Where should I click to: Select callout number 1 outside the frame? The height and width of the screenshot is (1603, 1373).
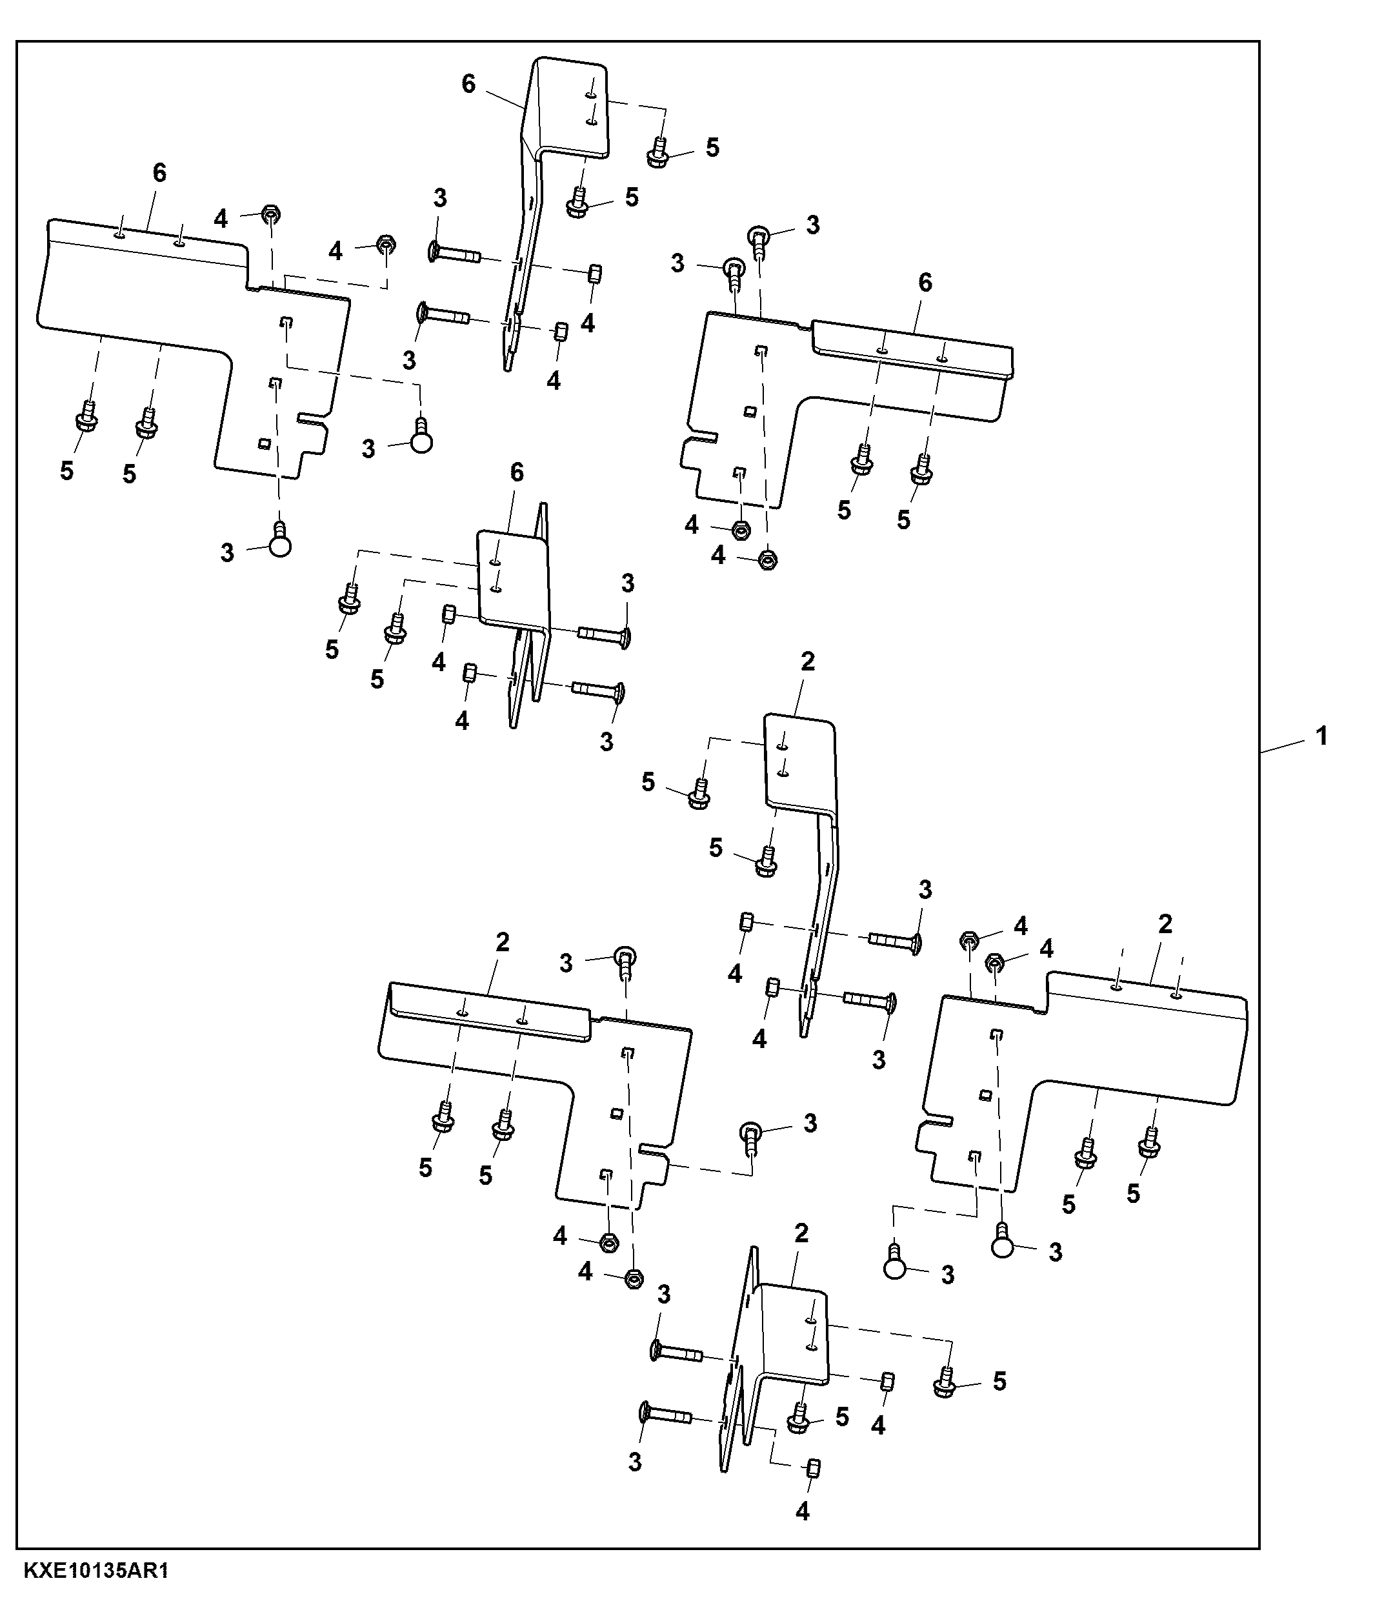(1322, 736)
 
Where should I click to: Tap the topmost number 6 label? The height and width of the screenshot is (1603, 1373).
(469, 83)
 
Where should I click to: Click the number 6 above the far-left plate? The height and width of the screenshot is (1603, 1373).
(159, 172)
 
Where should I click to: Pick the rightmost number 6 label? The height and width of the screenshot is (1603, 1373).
(925, 283)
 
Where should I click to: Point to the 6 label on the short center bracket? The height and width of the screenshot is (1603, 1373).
(517, 471)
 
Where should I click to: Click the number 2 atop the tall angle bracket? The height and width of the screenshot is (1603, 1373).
(808, 661)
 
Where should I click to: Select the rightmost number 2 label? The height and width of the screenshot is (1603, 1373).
(1166, 923)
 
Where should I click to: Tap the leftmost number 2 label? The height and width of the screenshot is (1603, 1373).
(503, 942)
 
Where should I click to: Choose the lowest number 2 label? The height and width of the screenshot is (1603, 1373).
(801, 1233)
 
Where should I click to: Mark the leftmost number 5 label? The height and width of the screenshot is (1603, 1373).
(67, 470)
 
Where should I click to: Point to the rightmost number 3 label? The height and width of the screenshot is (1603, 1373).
(1056, 1253)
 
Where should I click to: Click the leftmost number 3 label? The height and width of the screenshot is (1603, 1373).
(226, 552)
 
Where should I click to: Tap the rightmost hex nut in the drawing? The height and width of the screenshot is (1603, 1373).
(996, 962)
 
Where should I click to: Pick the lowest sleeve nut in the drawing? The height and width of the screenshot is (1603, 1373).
(814, 1467)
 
